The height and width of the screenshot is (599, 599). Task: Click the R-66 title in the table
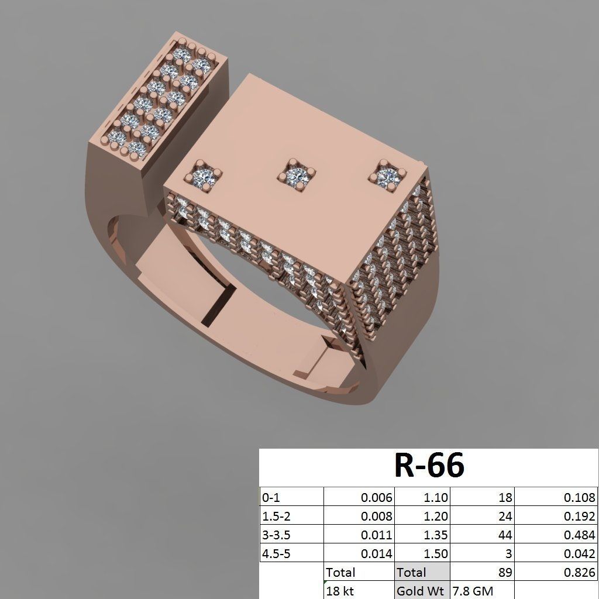(x=429, y=466)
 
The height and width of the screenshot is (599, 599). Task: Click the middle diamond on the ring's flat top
(x=297, y=174)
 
